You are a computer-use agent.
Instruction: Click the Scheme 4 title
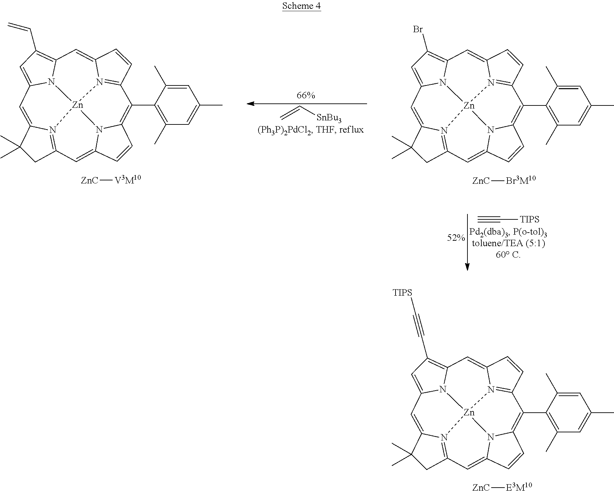click(x=301, y=6)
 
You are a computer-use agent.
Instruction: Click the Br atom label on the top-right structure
click(x=418, y=30)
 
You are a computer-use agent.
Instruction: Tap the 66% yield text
click(x=306, y=95)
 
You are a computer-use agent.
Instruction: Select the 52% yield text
click(x=456, y=238)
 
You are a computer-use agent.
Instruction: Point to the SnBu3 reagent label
click(x=329, y=118)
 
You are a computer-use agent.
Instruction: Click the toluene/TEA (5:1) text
click(x=508, y=243)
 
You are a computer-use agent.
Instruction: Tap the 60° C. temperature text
click(x=508, y=255)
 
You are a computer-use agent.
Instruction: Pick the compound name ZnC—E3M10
click(x=502, y=487)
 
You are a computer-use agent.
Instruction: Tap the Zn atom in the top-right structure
click(x=469, y=106)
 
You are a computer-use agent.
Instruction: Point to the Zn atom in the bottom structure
click(x=469, y=413)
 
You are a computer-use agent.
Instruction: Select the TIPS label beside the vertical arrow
click(x=530, y=220)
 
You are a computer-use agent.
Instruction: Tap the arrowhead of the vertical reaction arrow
click(x=467, y=267)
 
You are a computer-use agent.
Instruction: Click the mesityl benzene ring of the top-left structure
click(x=177, y=105)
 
